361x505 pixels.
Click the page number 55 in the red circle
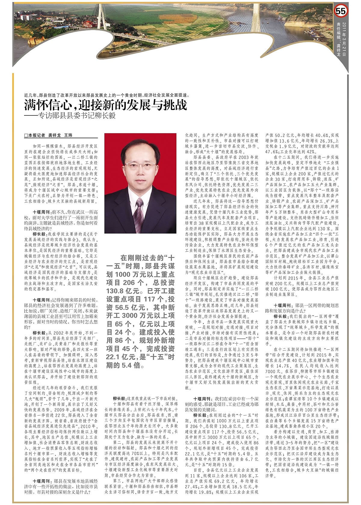[341, 11]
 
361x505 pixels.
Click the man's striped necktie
[138, 214]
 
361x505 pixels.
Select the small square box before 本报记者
[26, 136]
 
